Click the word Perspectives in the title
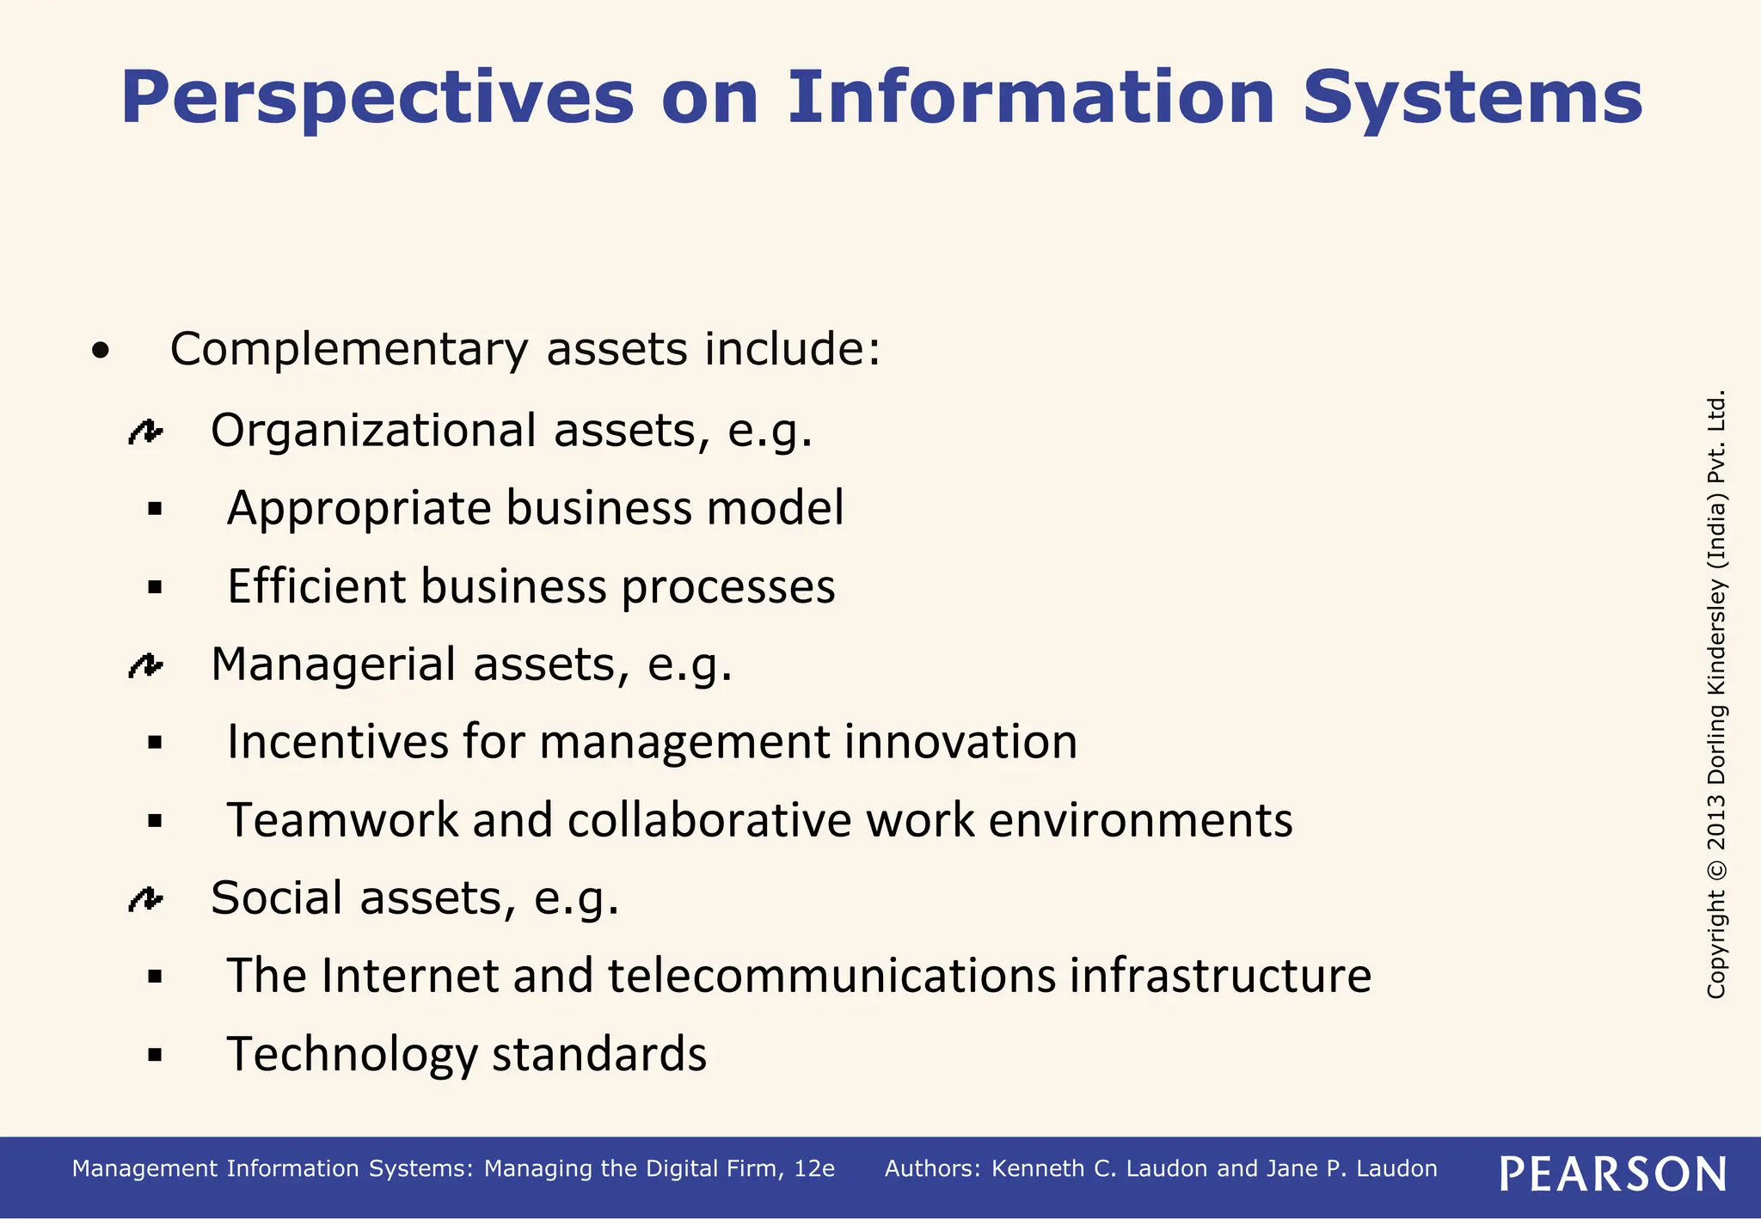pyautogui.click(x=377, y=99)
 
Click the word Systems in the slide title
pyautogui.click(x=1472, y=99)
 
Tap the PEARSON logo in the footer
pyautogui.click(x=1613, y=1173)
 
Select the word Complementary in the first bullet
pyautogui.click(x=348, y=350)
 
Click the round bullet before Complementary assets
pyautogui.click(x=101, y=351)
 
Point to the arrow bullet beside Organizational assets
pyautogui.click(x=144, y=432)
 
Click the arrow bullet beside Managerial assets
pyautogui.click(x=144, y=665)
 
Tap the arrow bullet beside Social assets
pyautogui.click(x=144, y=899)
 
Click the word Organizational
pyautogui.click(x=373, y=430)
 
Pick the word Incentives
pyautogui.click(x=337, y=742)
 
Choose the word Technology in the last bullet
pyautogui.click(x=352, y=1055)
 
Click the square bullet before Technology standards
pyautogui.click(x=155, y=1055)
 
